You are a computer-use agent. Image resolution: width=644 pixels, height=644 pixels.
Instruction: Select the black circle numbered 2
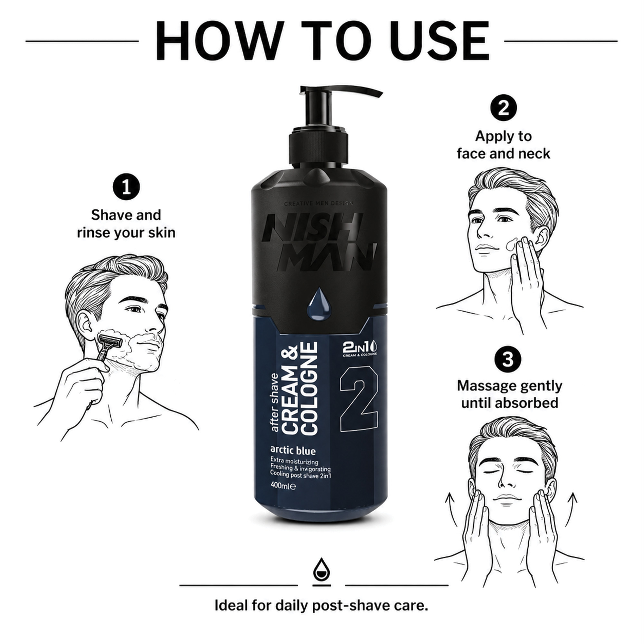(503, 108)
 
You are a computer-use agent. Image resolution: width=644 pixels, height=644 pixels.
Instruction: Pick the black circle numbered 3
(508, 360)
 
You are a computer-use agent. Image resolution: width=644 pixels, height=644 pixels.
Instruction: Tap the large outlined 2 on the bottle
(359, 399)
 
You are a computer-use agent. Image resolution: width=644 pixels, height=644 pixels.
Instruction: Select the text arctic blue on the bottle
(293, 451)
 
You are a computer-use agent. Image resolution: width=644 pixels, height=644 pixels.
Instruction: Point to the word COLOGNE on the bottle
(310, 388)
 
